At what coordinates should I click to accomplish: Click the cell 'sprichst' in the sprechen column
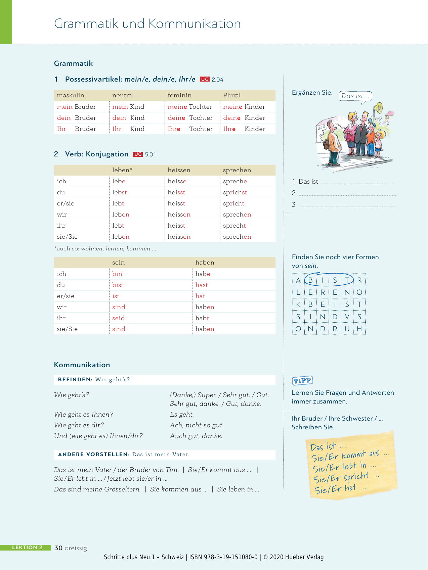(x=235, y=192)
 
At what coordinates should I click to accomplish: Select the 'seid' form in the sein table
(x=118, y=318)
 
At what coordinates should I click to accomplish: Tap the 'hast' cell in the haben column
(x=202, y=285)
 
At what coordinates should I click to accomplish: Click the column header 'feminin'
(x=179, y=95)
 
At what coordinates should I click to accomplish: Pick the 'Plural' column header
(x=232, y=95)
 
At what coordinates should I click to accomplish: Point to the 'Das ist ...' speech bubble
(x=355, y=96)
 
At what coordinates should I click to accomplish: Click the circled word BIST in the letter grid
(x=329, y=280)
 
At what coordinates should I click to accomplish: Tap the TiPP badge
(x=302, y=380)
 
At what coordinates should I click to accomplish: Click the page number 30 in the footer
(x=58, y=548)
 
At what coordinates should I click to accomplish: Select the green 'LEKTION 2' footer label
(x=27, y=547)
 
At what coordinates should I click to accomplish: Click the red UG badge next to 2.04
(x=205, y=79)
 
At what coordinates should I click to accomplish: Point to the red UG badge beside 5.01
(x=138, y=154)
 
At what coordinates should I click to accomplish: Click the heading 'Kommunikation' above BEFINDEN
(x=82, y=365)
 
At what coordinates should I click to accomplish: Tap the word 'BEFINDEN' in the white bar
(x=75, y=380)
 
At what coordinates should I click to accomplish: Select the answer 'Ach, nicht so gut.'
(x=197, y=425)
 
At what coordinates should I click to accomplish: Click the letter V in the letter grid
(x=347, y=317)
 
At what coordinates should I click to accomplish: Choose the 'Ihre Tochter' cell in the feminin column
(x=190, y=129)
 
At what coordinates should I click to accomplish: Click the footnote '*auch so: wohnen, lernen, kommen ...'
(x=105, y=249)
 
